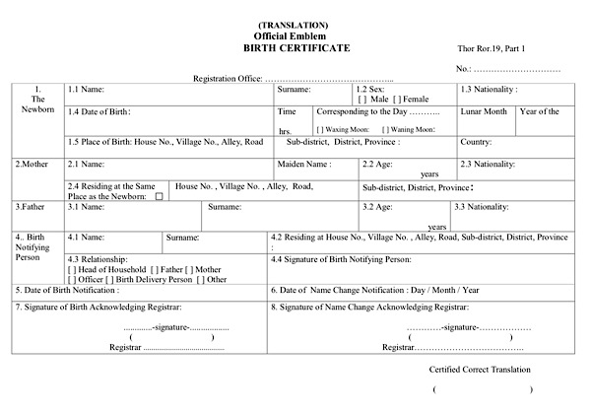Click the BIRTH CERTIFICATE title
[295, 47]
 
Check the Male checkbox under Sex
[363, 100]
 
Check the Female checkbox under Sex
[397, 100]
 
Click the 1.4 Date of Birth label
[99, 112]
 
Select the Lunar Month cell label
[484, 112]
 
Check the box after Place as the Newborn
[158, 196]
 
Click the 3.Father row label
[29, 207]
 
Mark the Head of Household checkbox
[72, 269]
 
